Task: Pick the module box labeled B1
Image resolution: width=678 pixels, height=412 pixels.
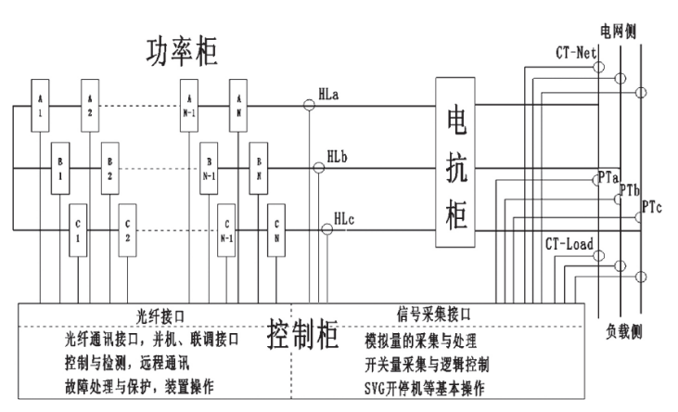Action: (60, 169)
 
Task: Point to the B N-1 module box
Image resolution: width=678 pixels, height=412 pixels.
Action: (209, 169)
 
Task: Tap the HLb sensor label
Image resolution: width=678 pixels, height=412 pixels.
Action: (339, 158)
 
